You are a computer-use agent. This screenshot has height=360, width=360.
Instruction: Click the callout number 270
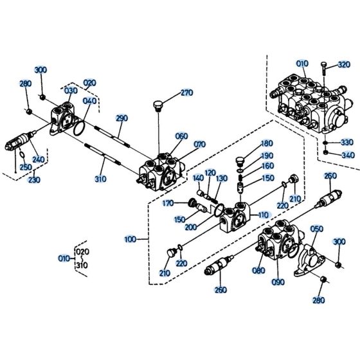click(186, 93)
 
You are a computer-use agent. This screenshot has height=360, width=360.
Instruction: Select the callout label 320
click(344, 64)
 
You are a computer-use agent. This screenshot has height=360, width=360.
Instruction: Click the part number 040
click(89, 101)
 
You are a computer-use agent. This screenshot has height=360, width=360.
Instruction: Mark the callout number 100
click(131, 239)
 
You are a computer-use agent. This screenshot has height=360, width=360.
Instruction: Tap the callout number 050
click(317, 229)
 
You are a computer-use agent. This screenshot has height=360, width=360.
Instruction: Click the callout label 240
click(39, 160)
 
